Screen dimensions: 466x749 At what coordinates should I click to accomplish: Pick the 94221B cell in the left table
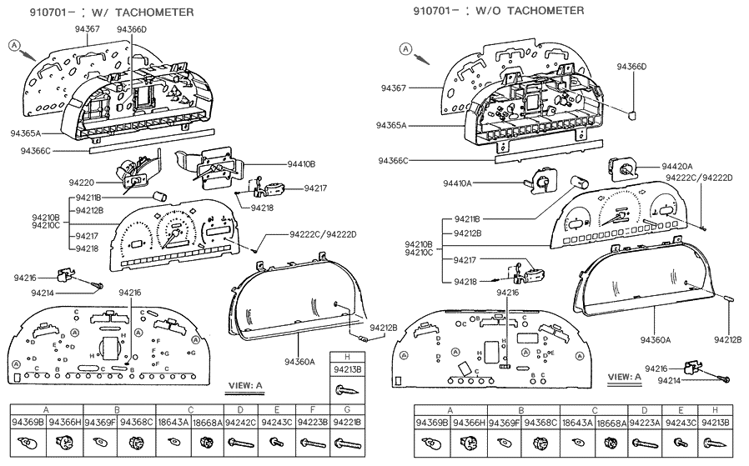[347, 423]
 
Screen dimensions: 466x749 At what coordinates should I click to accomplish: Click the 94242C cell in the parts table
[240, 423]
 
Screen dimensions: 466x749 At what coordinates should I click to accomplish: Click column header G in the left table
[347, 410]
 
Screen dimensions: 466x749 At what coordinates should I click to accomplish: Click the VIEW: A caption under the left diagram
[244, 385]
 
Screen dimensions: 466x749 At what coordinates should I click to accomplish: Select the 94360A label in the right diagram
[656, 339]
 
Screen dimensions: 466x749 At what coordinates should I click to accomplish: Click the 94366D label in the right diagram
[631, 66]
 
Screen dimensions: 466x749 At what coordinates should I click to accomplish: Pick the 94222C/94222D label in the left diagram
[323, 234]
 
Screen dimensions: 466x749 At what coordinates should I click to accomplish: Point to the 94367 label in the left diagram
[88, 29]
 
